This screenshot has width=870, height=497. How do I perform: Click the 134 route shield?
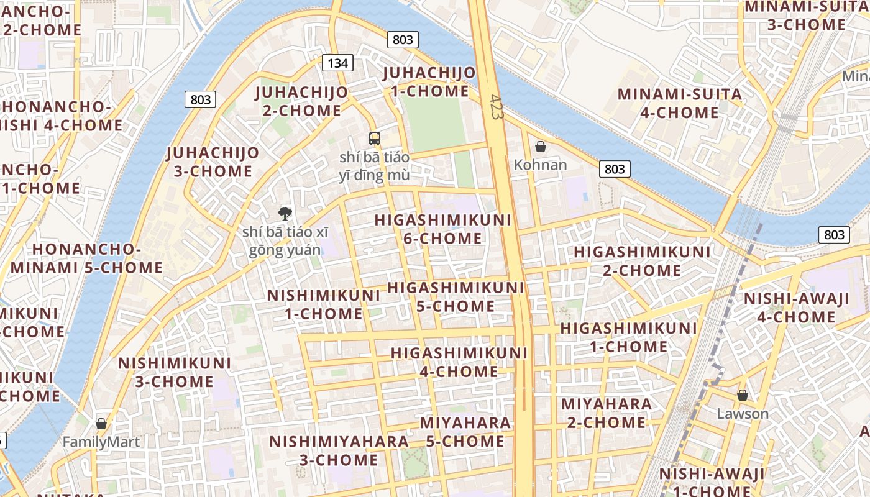click(337, 63)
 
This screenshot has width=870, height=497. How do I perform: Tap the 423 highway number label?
click(495, 107)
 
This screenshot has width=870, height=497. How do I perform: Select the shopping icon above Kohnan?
click(541, 147)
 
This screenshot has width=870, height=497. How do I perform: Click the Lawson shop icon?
click(742, 395)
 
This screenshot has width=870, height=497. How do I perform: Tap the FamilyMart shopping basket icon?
click(101, 424)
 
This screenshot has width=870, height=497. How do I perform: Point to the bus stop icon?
click(374, 139)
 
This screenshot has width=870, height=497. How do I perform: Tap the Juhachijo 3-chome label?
click(213, 162)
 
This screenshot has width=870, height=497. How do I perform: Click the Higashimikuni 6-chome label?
click(443, 229)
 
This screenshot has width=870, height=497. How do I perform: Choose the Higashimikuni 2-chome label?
click(642, 261)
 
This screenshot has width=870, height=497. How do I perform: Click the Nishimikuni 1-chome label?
click(324, 304)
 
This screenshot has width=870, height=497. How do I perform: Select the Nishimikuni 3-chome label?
click(175, 372)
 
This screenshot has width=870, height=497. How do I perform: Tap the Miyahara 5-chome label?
click(465, 432)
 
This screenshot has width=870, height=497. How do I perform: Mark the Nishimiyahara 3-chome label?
click(339, 450)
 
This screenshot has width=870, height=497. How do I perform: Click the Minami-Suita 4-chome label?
click(680, 104)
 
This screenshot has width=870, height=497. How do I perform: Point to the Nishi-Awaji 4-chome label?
click(797, 308)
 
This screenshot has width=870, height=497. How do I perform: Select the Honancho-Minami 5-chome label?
click(86, 258)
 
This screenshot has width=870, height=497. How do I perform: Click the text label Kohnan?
click(541, 165)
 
